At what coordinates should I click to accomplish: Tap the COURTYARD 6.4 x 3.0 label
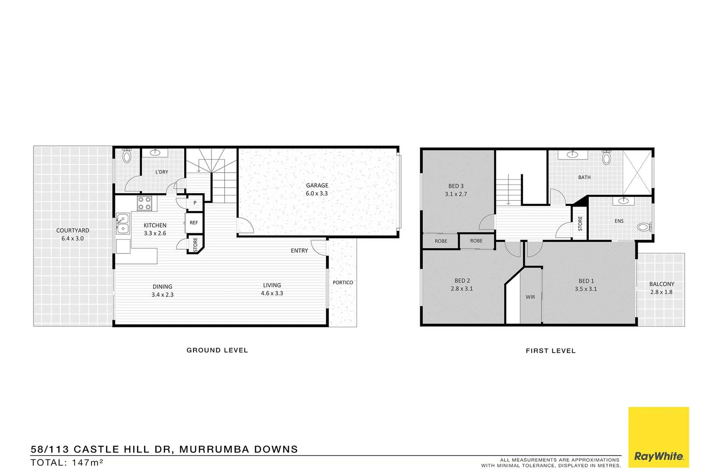(x=73, y=234)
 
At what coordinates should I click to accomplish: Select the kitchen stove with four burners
(x=144, y=204)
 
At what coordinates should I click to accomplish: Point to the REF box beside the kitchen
(x=194, y=222)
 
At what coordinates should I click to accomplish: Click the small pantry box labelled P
(x=195, y=203)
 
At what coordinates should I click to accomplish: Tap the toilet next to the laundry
(x=127, y=155)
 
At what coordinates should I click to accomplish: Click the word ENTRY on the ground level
(x=299, y=251)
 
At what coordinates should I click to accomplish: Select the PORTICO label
(x=343, y=282)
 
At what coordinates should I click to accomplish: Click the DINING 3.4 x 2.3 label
(x=162, y=290)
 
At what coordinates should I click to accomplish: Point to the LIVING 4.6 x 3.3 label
(x=272, y=289)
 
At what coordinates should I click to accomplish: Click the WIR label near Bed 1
(x=530, y=297)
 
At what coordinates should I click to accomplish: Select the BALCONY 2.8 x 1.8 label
(x=661, y=288)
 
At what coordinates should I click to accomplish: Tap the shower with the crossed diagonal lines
(x=637, y=172)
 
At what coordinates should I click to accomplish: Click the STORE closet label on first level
(x=580, y=223)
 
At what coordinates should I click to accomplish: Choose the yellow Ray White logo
(x=658, y=437)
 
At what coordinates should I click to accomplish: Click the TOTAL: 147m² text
(x=67, y=462)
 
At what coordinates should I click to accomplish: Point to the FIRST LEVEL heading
(x=551, y=351)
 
